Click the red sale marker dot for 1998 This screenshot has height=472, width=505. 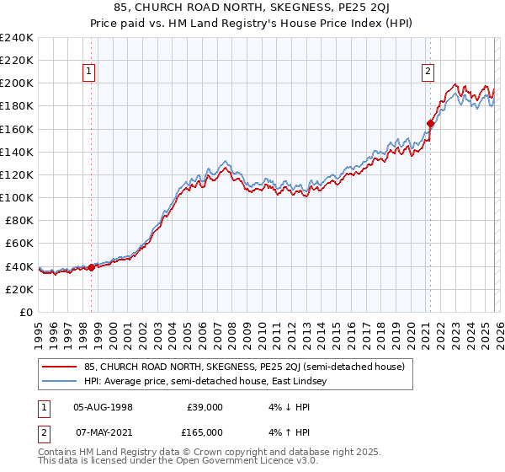(91, 267)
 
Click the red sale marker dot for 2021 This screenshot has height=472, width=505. (430, 123)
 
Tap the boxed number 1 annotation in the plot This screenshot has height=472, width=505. (88, 72)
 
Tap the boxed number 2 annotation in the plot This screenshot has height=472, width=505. (428, 72)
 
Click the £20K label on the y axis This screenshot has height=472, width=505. (19, 289)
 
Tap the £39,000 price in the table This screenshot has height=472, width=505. (205, 406)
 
